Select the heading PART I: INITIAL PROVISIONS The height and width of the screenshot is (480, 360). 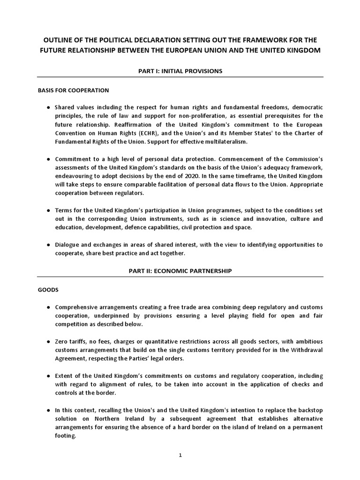coord(180,71)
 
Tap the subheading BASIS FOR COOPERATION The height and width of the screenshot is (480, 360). coord(73,90)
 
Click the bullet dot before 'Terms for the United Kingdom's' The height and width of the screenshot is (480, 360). coord(49,210)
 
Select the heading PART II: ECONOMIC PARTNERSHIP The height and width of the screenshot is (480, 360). coord(180,271)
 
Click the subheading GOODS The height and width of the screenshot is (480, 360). coord(48,290)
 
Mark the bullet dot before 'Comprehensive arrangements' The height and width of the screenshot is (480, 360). coord(49,307)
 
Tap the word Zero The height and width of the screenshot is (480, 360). coord(62,342)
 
